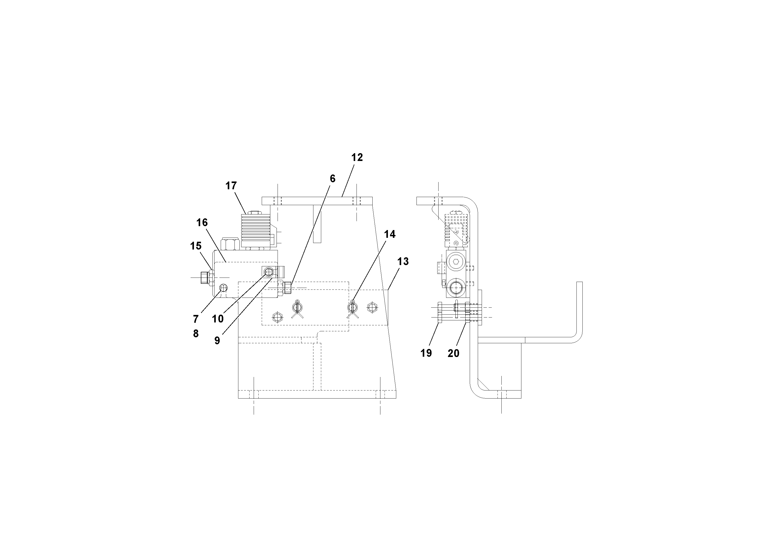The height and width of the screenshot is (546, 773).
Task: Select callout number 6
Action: pyautogui.click(x=333, y=179)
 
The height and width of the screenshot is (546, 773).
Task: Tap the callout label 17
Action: pyautogui.click(x=231, y=186)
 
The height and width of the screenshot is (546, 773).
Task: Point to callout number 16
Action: pyautogui.click(x=202, y=223)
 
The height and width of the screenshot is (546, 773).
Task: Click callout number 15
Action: pyautogui.click(x=196, y=246)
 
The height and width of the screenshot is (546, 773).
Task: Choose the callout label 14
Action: pyautogui.click(x=390, y=234)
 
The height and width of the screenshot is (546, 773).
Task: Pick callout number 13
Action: pyautogui.click(x=403, y=261)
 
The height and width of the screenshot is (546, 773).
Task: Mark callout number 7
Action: pyautogui.click(x=196, y=319)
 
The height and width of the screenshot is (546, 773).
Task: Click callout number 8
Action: pyautogui.click(x=196, y=334)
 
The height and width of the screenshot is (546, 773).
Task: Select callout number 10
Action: pyautogui.click(x=218, y=319)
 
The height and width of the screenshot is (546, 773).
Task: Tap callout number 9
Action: pyautogui.click(x=217, y=341)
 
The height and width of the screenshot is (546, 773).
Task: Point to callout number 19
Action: pyautogui.click(x=426, y=353)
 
